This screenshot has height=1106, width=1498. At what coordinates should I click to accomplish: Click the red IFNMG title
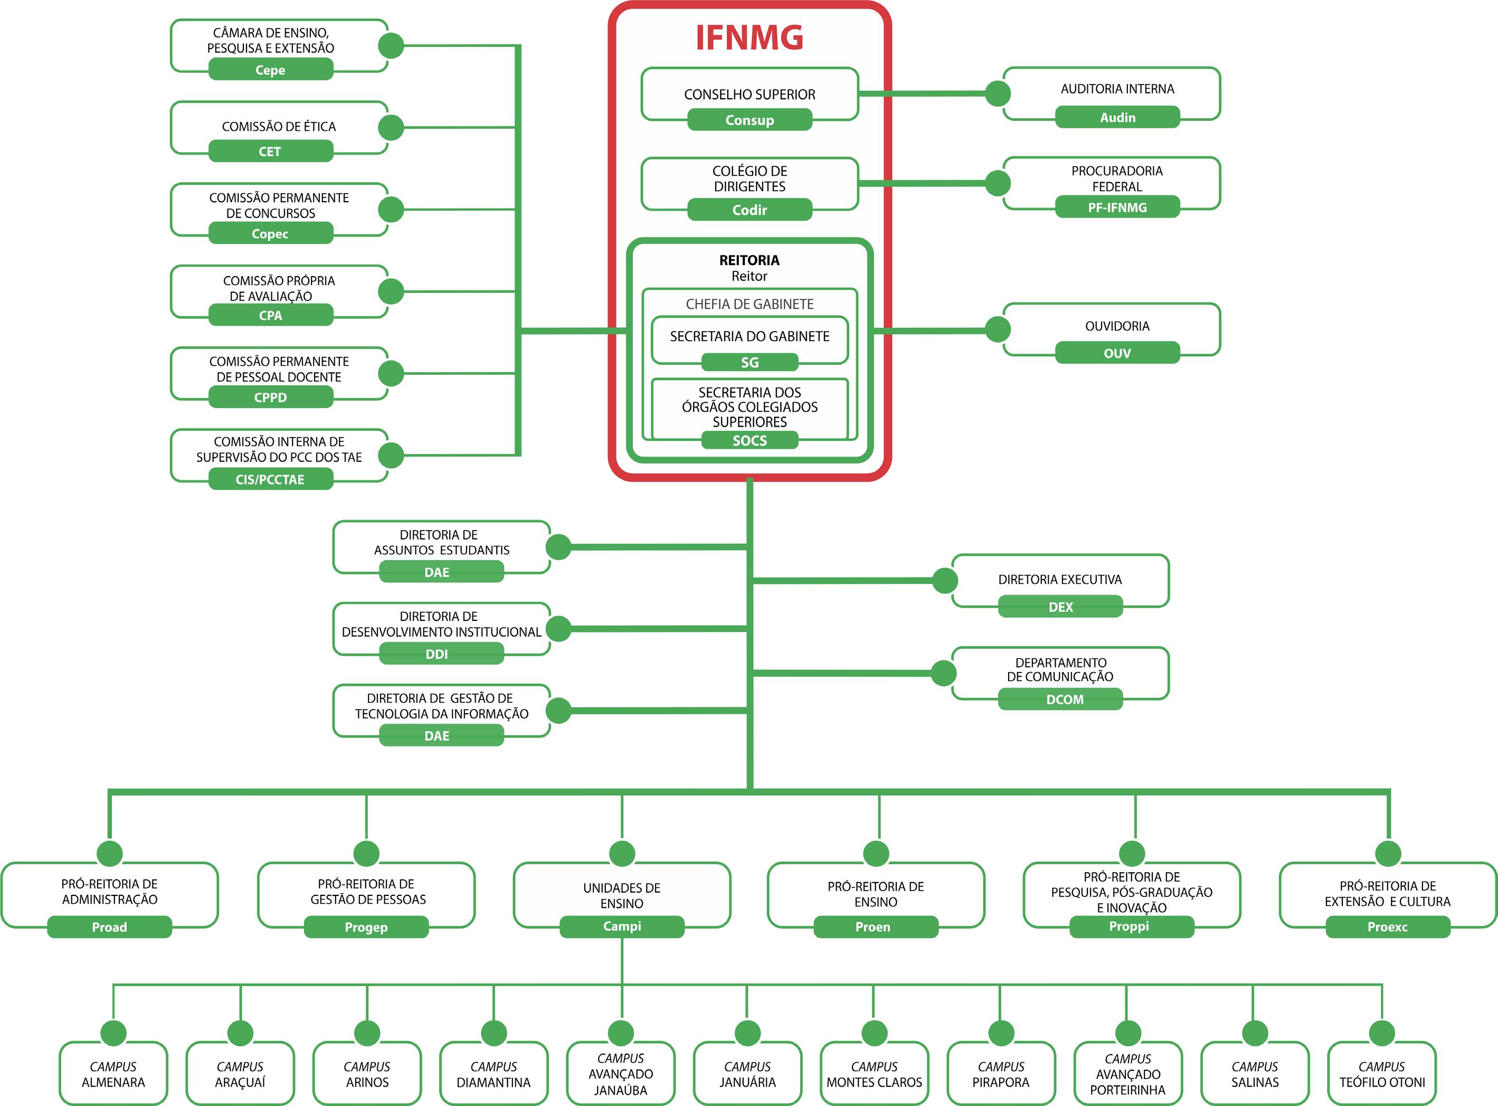749,37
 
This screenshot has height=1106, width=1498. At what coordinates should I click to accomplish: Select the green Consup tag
749,120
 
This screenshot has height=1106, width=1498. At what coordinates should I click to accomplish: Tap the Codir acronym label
749,210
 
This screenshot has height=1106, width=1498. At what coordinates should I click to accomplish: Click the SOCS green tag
749,440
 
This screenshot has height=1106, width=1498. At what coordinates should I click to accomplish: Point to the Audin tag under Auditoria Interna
1117,118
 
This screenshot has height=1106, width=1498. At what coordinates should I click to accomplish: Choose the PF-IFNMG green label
1117,207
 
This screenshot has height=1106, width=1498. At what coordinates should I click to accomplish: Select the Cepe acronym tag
270,70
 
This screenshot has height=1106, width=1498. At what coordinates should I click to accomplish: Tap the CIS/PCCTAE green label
270,479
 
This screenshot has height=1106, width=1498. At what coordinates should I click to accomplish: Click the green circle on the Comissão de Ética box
391,127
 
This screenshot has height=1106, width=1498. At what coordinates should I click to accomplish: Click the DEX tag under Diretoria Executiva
1060,607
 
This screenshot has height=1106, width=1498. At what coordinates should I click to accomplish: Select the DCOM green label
1060,699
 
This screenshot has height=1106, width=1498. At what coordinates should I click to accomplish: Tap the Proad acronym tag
109,927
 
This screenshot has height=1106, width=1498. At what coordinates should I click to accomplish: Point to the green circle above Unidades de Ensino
622,854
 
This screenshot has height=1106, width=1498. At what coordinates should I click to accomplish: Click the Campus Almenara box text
113,1074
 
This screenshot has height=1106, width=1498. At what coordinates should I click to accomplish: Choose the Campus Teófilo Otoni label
1381,1074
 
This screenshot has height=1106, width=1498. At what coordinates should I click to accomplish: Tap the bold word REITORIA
749,260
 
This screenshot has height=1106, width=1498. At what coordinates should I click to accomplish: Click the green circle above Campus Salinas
1254,1033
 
